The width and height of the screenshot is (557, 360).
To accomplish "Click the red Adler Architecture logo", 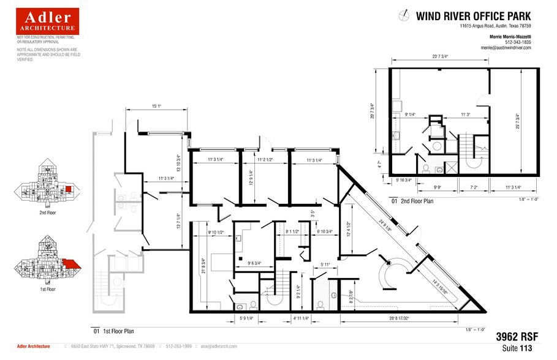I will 47,21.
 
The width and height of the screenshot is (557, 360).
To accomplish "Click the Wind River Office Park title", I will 474,16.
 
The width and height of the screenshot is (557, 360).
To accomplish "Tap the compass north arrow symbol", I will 404,15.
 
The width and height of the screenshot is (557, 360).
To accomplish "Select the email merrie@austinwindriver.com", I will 506,47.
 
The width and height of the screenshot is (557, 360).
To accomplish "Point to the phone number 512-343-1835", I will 518,42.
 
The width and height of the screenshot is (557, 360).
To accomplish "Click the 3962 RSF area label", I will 513,336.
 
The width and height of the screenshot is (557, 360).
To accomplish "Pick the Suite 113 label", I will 519,347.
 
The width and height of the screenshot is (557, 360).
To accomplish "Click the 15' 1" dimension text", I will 156,106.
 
